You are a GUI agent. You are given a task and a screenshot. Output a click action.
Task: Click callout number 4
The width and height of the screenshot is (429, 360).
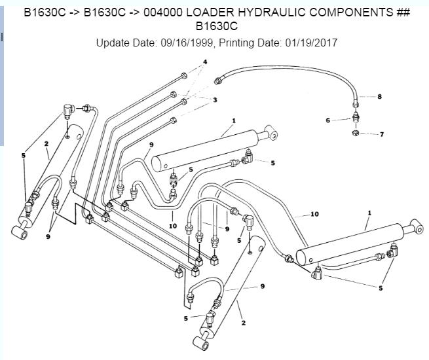click(x=204, y=62)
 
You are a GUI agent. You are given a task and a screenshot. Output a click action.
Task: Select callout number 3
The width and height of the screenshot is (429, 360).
click(x=214, y=99)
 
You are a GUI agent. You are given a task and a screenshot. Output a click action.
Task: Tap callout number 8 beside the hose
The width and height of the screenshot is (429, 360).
click(x=379, y=97)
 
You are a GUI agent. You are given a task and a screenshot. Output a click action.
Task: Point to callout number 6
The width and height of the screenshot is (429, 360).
click(x=328, y=120)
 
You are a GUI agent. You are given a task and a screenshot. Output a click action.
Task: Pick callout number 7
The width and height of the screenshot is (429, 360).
click(x=379, y=134)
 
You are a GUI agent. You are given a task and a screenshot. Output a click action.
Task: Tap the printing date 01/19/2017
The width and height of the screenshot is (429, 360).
click(x=311, y=43)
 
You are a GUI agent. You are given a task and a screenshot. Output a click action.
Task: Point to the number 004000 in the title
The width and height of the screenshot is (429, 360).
click(x=137, y=12)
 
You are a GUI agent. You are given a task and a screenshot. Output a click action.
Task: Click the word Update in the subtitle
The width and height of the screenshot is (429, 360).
click(x=114, y=43)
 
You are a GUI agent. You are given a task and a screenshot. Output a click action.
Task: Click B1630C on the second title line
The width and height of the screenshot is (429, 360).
click(x=214, y=27)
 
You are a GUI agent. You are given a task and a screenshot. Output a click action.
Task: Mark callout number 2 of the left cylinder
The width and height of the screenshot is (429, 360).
click(x=46, y=143)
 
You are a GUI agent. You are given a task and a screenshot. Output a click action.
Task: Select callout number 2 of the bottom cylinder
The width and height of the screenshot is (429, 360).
click(x=244, y=323)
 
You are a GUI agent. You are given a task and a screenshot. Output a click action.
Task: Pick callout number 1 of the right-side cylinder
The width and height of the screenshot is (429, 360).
click(x=369, y=213)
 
